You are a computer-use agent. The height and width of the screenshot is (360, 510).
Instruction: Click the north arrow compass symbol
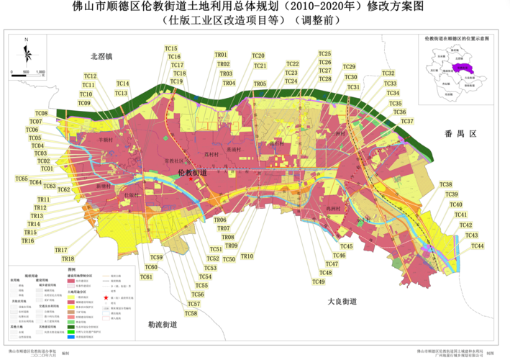(27, 53)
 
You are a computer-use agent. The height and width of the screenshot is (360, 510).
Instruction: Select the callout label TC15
(171, 48)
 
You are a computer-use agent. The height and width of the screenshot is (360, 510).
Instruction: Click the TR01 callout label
(221, 55)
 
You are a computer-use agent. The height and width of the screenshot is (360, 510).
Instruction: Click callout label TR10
(247, 256)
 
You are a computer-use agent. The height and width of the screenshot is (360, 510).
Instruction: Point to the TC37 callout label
(407, 121)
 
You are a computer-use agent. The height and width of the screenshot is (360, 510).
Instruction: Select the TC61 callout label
(147, 276)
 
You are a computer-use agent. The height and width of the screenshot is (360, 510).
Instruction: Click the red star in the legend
(105, 297)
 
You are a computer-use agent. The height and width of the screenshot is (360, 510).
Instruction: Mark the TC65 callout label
(21, 178)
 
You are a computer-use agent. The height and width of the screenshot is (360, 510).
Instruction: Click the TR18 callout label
(68, 258)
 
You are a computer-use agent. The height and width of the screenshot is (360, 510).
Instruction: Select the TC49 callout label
(318, 282)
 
